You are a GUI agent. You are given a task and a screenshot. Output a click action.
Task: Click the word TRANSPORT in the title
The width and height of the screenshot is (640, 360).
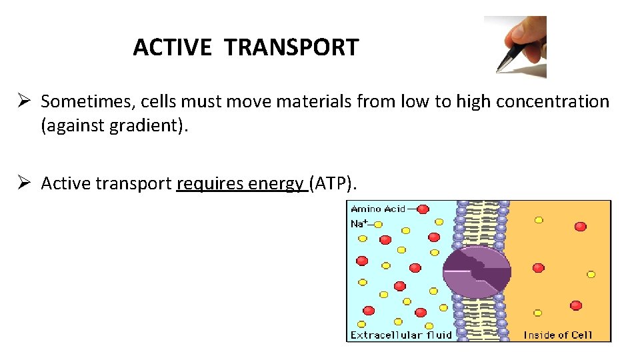[291, 47]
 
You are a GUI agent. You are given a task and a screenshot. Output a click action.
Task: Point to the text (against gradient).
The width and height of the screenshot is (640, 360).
[115, 126]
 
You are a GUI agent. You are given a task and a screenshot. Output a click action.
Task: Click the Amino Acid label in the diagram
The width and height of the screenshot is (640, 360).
[377, 209]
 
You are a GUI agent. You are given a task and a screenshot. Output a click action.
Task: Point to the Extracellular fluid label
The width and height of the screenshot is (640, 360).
[401, 335]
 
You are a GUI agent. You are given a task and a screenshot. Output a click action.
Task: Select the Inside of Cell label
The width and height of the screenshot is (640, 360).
[557, 335]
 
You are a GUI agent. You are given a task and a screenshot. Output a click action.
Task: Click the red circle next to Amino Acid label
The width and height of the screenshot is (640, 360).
[423, 209]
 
